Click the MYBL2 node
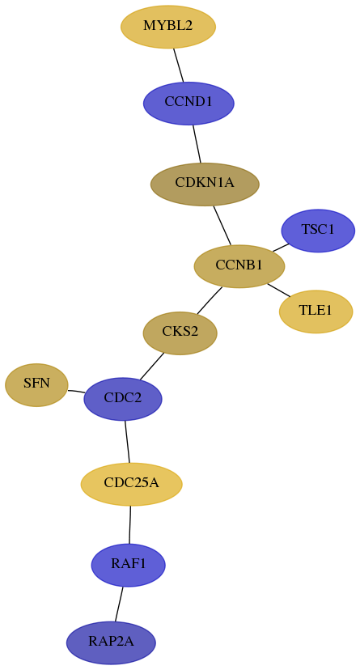(x=167, y=27)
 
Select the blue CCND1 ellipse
(x=188, y=103)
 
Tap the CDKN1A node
(x=205, y=184)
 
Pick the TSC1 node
(x=318, y=231)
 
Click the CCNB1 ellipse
(x=239, y=265)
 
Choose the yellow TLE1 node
(x=316, y=311)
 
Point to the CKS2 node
(x=180, y=333)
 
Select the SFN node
(x=36, y=384)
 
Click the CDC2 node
(x=123, y=399)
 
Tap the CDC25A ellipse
(x=132, y=484)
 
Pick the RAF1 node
(x=128, y=565)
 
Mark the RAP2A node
(x=111, y=642)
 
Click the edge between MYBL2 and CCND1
(x=179, y=65)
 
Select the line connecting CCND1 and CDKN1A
(x=197, y=143)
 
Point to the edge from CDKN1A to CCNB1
(x=222, y=225)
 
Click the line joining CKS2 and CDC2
(x=151, y=367)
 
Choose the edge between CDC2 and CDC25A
(x=127, y=441)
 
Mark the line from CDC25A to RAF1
(x=129, y=524)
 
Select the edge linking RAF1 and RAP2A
(x=119, y=604)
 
